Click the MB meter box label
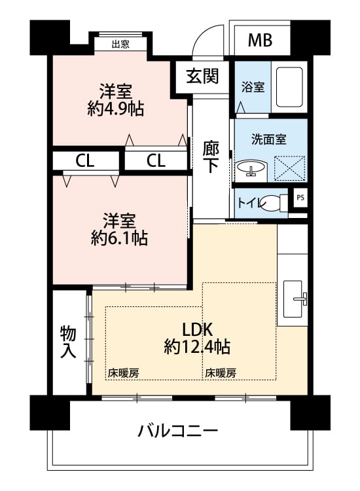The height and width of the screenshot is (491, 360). point(260,40)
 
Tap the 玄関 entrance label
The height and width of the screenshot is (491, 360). point(202,77)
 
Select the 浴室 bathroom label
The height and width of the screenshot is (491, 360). point(253,86)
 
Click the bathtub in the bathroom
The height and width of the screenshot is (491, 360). point(289,86)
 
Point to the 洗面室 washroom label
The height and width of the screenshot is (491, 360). point(269,139)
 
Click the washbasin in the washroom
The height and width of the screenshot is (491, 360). point(251,169)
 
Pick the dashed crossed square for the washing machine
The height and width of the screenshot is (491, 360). point(289,168)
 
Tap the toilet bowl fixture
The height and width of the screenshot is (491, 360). point(274,203)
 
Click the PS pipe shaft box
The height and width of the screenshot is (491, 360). point(300,198)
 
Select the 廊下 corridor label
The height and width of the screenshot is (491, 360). point(211,157)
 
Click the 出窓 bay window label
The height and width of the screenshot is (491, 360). point(120,45)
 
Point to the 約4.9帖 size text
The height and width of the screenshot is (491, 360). point(115,109)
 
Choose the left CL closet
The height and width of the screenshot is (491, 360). point(85,161)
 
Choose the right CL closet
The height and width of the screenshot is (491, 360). point(156,160)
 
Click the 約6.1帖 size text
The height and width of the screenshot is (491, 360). point(119,238)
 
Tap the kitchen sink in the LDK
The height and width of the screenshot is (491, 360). point(295,299)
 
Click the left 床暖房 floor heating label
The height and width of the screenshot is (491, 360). point(124,373)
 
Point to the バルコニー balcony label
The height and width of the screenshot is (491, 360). point(178,431)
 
